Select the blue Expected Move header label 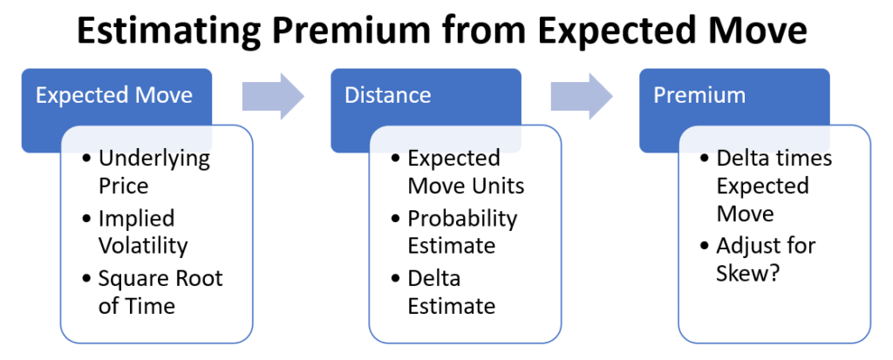pyautogui.click(x=114, y=95)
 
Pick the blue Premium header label pyautogui.click(x=699, y=95)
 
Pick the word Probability pyautogui.click(x=462, y=219)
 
